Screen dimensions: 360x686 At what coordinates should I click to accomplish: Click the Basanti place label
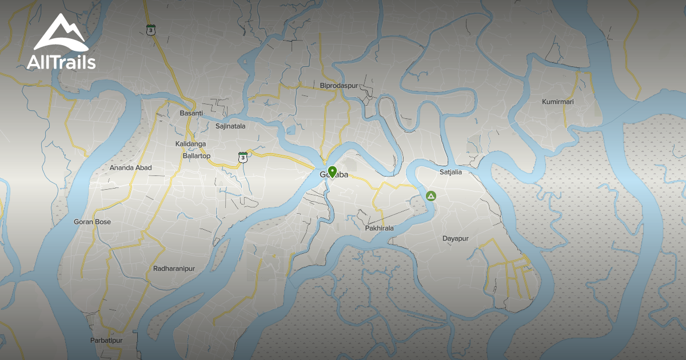(191, 113)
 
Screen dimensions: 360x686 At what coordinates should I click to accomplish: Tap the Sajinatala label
(230, 126)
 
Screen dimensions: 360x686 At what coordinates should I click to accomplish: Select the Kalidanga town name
(191, 144)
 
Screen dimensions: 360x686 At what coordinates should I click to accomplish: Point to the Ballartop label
(196, 156)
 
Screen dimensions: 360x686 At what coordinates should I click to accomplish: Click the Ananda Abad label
(131, 168)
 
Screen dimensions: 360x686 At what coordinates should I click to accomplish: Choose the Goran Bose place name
(93, 222)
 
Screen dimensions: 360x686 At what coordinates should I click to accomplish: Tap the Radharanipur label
(174, 269)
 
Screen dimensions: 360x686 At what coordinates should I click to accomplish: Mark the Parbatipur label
(106, 341)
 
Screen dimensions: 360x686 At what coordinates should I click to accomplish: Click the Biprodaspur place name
(339, 86)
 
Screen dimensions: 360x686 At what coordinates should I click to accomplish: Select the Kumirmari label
(557, 102)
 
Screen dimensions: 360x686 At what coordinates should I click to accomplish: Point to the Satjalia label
(450, 171)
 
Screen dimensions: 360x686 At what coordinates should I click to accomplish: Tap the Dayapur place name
(456, 238)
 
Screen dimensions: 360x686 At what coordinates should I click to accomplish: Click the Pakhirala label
(379, 228)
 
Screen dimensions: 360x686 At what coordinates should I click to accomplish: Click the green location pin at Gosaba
(332, 171)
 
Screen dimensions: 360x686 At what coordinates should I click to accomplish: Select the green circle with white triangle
(431, 197)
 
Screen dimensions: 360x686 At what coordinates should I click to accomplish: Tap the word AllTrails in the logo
(61, 62)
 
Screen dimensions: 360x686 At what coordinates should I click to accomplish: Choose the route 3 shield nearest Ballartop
(243, 157)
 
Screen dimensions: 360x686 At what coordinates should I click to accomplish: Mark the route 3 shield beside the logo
(150, 30)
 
